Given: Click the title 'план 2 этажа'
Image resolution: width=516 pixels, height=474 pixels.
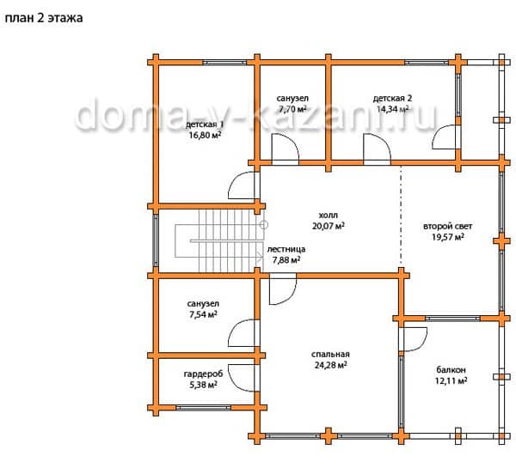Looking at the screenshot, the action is pyautogui.click(x=44, y=18).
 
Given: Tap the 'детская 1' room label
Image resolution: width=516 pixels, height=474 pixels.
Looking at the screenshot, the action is pyautogui.click(x=205, y=125).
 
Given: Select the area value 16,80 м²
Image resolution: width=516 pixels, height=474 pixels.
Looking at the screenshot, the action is pyautogui.click(x=205, y=135).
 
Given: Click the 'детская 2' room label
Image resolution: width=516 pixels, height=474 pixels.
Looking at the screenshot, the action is pyautogui.click(x=392, y=98).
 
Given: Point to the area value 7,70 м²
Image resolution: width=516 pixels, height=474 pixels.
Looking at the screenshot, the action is pyautogui.click(x=292, y=109).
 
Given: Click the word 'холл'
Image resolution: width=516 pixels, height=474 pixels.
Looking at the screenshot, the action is pyautogui.click(x=329, y=216).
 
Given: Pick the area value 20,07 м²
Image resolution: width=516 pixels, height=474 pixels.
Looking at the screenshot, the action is pyautogui.click(x=329, y=226).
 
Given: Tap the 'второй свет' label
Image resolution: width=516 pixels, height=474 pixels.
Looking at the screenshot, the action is pyautogui.click(x=447, y=227).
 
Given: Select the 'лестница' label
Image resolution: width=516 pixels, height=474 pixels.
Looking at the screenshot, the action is pyautogui.click(x=286, y=249).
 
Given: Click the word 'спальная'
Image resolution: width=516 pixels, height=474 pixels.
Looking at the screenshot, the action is pyautogui.click(x=330, y=355).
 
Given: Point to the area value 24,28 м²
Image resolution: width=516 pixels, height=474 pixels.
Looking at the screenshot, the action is pyautogui.click(x=330, y=365).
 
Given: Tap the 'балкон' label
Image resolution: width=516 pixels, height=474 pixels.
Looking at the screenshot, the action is pyautogui.click(x=451, y=370).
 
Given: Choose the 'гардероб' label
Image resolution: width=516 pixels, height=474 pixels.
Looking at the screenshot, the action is pyautogui.click(x=203, y=374).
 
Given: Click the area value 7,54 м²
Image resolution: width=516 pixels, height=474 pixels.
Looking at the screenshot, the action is pyautogui.click(x=203, y=314).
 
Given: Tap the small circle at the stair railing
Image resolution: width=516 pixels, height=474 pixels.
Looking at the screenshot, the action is pyautogui.click(x=264, y=225).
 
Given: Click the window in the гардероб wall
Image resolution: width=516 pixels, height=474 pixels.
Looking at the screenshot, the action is pyautogui.click(x=203, y=408).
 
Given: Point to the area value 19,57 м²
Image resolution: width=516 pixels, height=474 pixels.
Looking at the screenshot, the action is pyautogui.click(x=448, y=237).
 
